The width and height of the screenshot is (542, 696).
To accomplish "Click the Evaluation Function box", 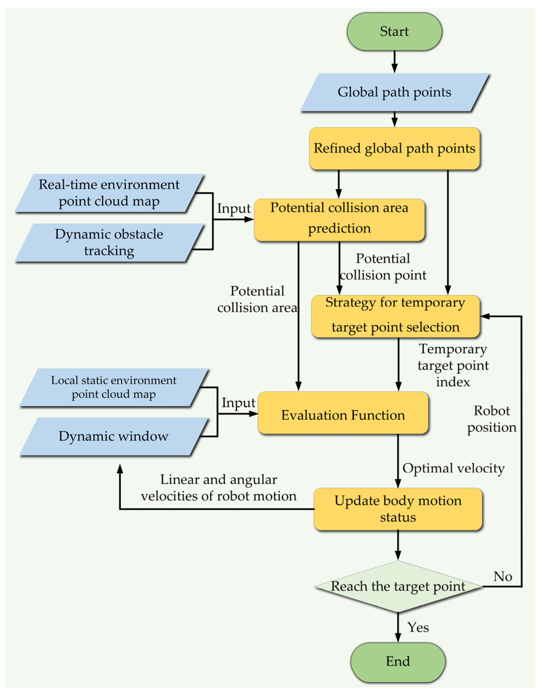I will (x=343, y=415).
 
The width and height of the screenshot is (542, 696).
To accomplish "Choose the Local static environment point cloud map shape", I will (x=114, y=387).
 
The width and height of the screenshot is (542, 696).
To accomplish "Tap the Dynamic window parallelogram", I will (x=114, y=436).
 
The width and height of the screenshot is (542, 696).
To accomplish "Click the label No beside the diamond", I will (x=502, y=576).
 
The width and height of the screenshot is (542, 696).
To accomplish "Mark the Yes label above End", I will (x=418, y=627).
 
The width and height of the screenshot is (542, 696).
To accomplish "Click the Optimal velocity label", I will (x=453, y=468).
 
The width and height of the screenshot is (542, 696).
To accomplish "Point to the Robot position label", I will (x=491, y=419).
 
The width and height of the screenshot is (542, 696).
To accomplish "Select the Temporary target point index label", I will (x=453, y=366).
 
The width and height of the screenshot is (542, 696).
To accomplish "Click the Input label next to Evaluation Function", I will (x=238, y=403).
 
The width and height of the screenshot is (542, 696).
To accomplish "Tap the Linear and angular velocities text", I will (x=219, y=488).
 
